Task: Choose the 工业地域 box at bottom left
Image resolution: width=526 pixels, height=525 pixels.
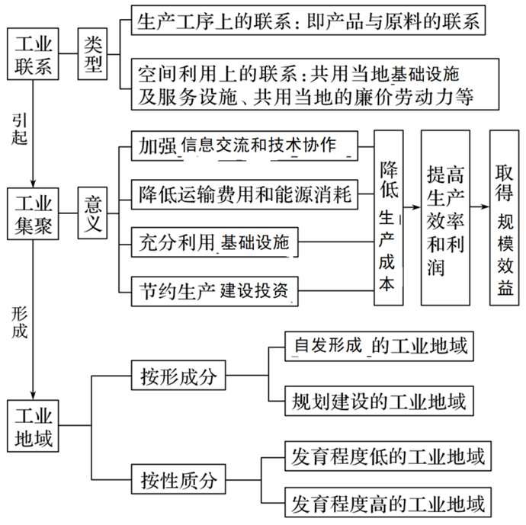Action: pos(34,428)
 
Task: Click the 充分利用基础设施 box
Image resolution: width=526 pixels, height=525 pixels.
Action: pos(214,243)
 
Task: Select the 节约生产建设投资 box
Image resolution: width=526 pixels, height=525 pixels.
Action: pos(214,290)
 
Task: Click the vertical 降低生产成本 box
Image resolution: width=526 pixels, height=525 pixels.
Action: pos(387,218)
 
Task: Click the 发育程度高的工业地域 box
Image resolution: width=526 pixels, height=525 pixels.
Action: pos(387,504)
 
